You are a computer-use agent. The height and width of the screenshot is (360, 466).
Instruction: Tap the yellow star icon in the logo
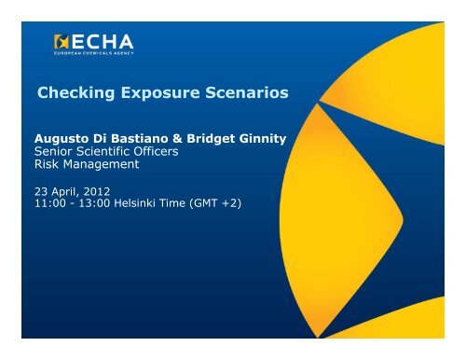point(63,42)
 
